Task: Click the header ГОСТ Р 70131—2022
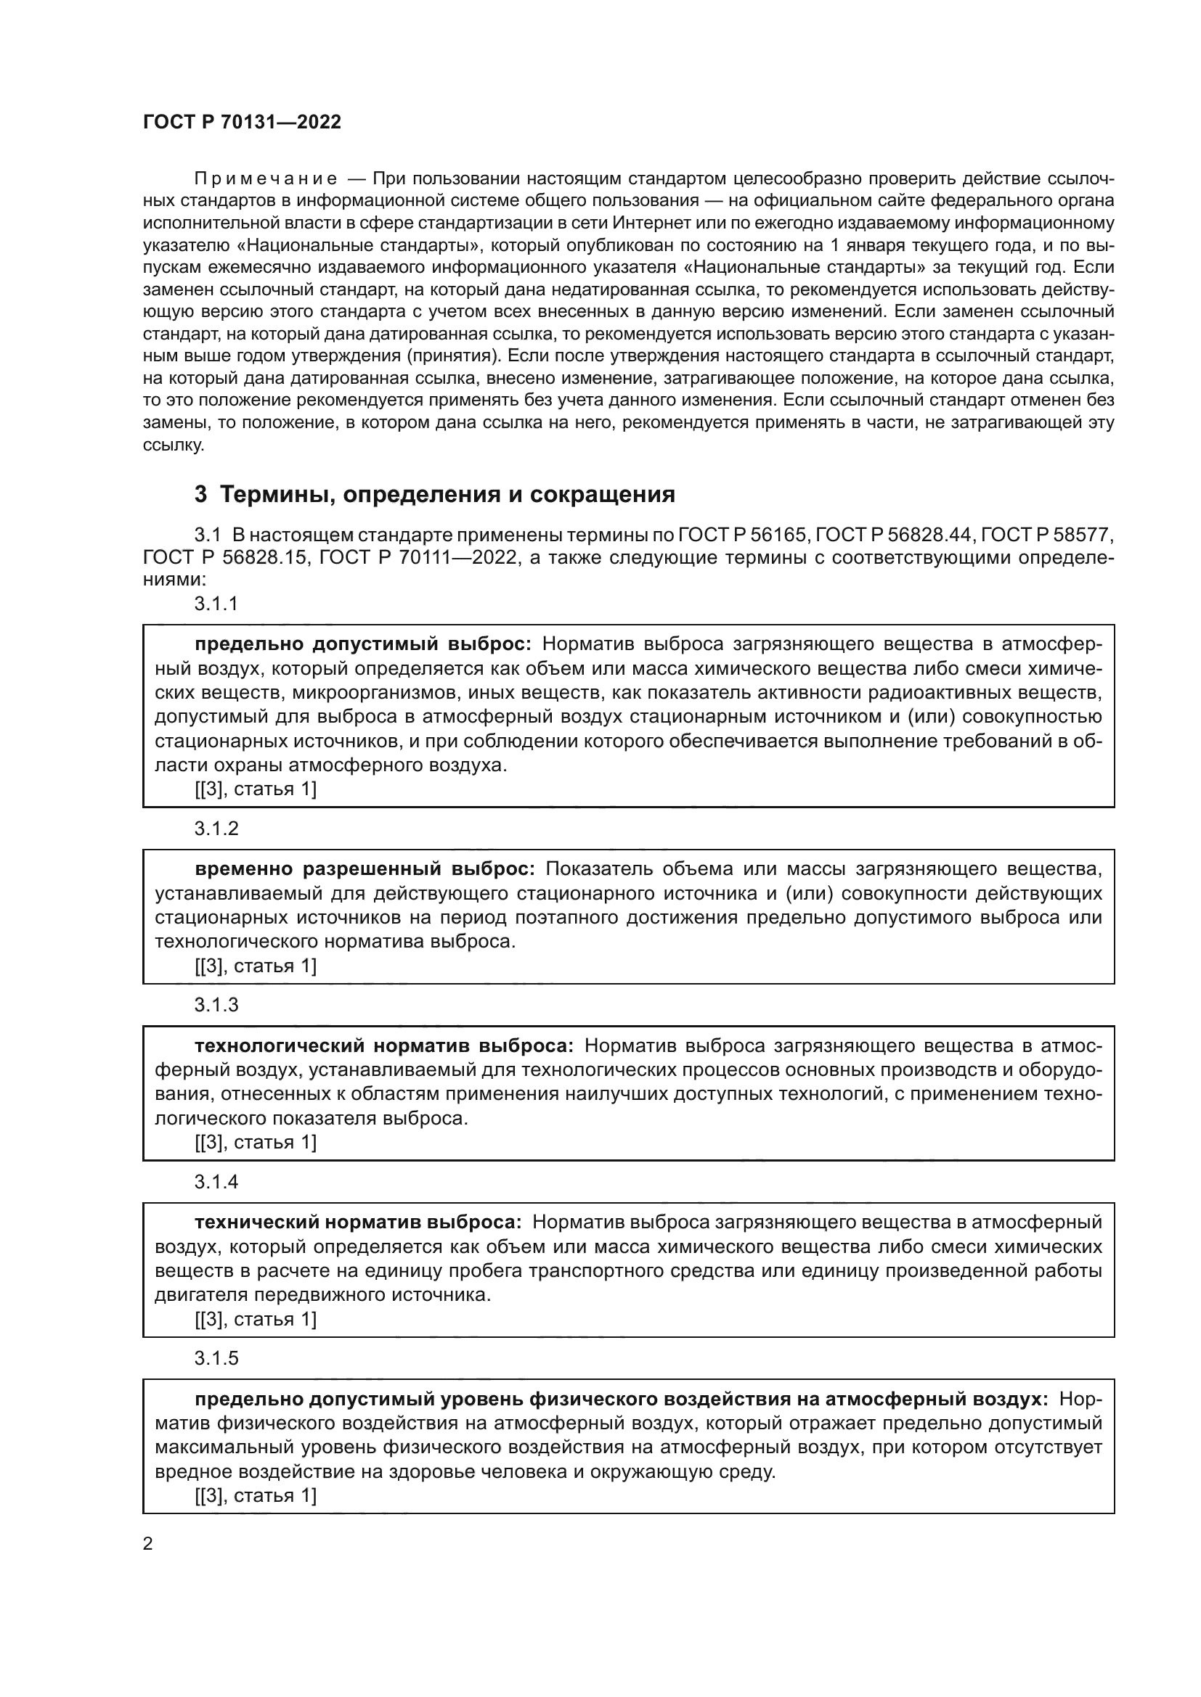[x=242, y=123]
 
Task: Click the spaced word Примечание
[x=266, y=179]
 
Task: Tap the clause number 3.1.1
[x=216, y=603]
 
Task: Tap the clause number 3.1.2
[x=216, y=828]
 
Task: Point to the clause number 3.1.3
[x=216, y=1004]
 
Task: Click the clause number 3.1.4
[x=216, y=1181]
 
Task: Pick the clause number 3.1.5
[x=216, y=1357]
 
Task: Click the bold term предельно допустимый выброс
[x=362, y=644]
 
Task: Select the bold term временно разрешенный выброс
[x=365, y=868]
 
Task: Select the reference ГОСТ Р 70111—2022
[x=418, y=557]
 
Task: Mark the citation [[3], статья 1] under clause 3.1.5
[x=255, y=1495]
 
